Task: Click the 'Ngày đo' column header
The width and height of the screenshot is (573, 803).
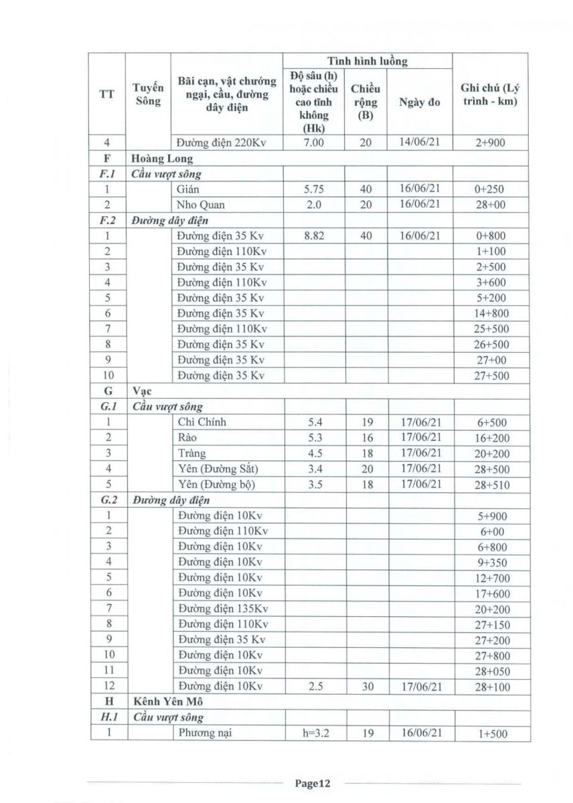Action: click(419, 103)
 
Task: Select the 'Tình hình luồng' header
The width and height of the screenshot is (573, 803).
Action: click(367, 61)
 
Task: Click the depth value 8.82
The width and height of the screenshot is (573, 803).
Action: click(314, 236)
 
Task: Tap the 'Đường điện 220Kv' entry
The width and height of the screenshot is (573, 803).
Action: click(223, 143)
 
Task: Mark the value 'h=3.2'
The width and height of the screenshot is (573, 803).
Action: click(314, 733)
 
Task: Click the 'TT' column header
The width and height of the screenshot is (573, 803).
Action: click(107, 94)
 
